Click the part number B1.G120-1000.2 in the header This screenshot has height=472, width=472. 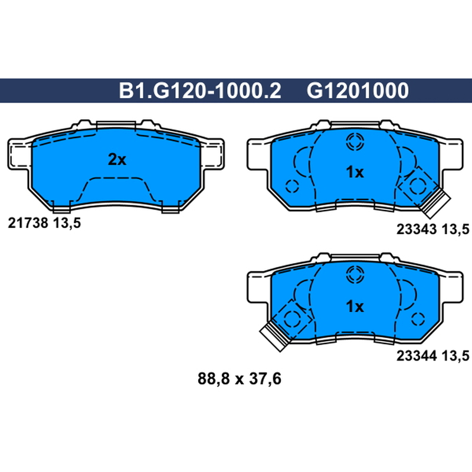[x=200, y=91]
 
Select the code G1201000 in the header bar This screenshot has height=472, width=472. [x=358, y=91]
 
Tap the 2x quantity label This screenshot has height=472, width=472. [x=117, y=159]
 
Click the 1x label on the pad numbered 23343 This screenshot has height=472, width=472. [x=355, y=172]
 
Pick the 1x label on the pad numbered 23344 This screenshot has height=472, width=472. [x=355, y=306]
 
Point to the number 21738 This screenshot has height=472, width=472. [x=28, y=223]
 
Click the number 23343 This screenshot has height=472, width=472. [x=417, y=230]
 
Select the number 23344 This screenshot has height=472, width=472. [x=417, y=356]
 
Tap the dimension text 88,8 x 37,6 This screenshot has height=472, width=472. [x=240, y=379]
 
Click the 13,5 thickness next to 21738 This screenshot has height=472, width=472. [x=67, y=224]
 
